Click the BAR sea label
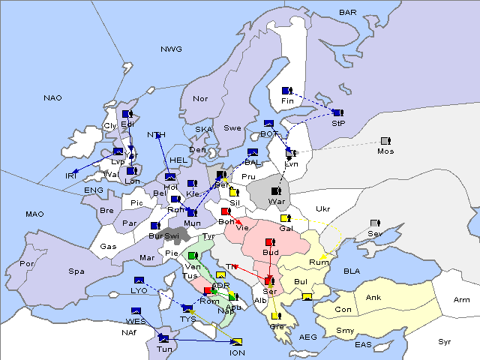tap(347, 13)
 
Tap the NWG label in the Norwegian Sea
tap(171, 49)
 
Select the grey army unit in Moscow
tap(385, 140)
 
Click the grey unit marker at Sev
tap(375, 223)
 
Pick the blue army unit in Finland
tap(286, 91)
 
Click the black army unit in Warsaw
tap(277, 191)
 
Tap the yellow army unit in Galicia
tap(286, 218)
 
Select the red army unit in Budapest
tap(270, 241)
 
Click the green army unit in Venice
tap(193, 256)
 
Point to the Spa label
tap(76, 271)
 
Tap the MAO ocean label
tap(34, 214)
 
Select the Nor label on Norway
tap(200, 99)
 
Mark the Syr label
tap(445, 341)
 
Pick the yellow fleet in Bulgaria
tap(306, 296)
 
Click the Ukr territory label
tap(322, 208)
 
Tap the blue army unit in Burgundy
tap(155, 225)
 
